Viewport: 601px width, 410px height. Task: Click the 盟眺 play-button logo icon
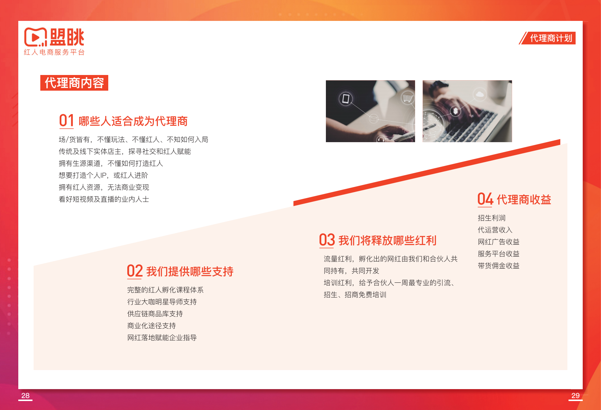click(x=35, y=37)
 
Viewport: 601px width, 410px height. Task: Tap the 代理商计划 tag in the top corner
click(x=551, y=38)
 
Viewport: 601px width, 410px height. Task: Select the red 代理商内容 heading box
click(x=74, y=83)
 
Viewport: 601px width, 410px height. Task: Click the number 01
click(x=66, y=121)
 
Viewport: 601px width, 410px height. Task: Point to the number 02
click(x=134, y=271)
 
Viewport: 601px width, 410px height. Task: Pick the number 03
click(x=327, y=240)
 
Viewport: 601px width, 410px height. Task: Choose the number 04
click(x=485, y=199)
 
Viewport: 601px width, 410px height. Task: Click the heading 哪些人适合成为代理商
click(x=133, y=121)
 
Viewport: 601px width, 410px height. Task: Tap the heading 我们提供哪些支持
click(x=190, y=272)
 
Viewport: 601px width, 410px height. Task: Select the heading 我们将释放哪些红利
click(x=387, y=241)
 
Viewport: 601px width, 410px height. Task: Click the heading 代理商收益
click(x=524, y=200)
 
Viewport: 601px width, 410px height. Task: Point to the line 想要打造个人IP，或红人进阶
click(x=103, y=175)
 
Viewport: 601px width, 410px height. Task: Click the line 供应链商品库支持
click(x=155, y=314)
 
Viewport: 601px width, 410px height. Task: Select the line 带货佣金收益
click(x=498, y=266)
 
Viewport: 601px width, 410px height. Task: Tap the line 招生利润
click(x=491, y=218)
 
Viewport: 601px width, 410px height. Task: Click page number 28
click(x=25, y=395)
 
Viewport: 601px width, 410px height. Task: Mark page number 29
click(x=575, y=395)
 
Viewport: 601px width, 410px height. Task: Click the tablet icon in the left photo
click(x=346, y=99)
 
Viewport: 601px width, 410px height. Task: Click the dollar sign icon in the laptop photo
click(x=455, y=111)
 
